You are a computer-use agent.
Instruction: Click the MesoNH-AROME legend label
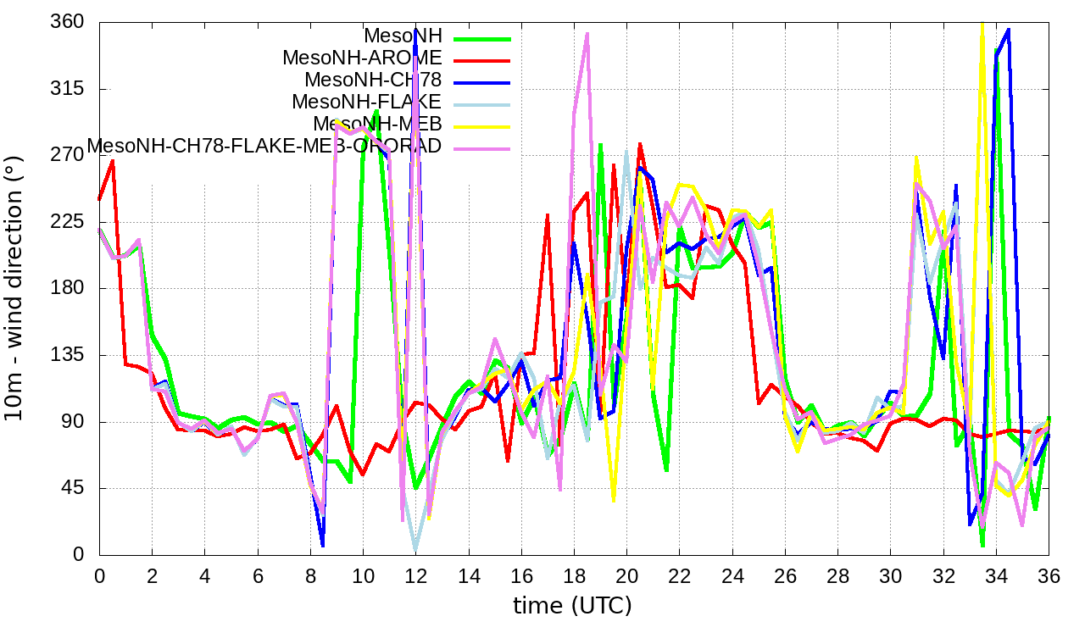point(362,58)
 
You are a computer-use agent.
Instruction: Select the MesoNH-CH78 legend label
point(373,80)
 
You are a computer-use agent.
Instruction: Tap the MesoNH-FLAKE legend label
point(367,103)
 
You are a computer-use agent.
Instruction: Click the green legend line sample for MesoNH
point(482,38)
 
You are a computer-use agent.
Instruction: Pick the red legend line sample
point(482,60)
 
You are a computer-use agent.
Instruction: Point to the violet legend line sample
point(482,148)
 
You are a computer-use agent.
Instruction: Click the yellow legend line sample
point(482,126)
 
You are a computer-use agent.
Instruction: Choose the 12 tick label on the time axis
point(415,576)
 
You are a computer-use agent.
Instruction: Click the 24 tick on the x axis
point(732,576)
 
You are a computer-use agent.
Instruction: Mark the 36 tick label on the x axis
point(1049,576)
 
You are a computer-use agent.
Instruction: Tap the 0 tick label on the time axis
point(99,576)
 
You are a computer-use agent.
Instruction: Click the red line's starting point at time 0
point(99,200)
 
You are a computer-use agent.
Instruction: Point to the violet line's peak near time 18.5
point(587,33)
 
